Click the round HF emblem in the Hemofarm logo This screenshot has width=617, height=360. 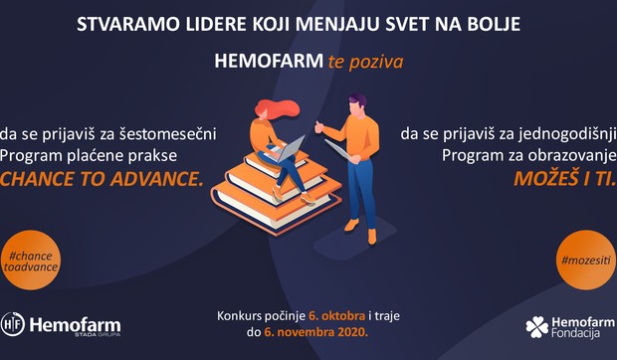click(x=13, y=325)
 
